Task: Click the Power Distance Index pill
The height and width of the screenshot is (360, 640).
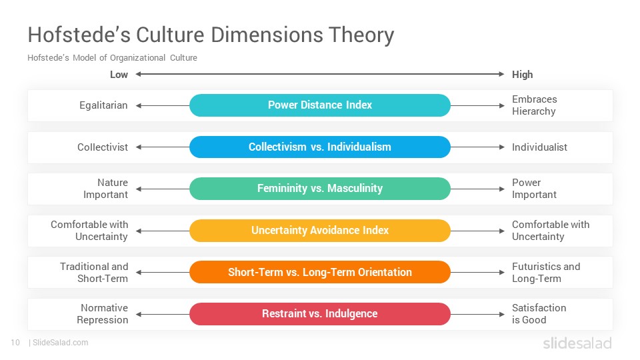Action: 320,105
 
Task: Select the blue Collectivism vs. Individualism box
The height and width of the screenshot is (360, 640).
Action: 320,147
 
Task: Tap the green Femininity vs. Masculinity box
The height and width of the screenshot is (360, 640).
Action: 320,189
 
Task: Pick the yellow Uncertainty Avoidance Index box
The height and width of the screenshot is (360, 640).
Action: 320,231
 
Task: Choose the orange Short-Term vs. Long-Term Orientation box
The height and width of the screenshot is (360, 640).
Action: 320,272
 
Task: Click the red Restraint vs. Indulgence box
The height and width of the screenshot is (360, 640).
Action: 320,314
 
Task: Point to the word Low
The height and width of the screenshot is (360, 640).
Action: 119,75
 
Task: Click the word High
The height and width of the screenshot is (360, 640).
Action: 523,75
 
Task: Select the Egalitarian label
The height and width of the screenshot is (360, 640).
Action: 103,105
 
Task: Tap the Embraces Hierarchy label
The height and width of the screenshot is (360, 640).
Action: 534,105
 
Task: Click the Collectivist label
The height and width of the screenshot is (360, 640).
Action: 103,147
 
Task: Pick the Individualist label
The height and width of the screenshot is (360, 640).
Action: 539,147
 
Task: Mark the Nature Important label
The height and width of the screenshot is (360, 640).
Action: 106,189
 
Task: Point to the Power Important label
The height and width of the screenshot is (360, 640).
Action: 534,189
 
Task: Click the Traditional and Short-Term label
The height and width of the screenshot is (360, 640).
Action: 94,272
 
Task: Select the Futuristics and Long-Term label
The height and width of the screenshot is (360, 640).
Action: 546,272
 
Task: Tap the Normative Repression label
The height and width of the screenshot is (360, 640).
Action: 103,314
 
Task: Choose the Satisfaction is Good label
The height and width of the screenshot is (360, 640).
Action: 539,314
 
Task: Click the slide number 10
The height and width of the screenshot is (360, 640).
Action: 15,343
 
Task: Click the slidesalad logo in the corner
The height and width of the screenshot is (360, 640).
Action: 577,343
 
